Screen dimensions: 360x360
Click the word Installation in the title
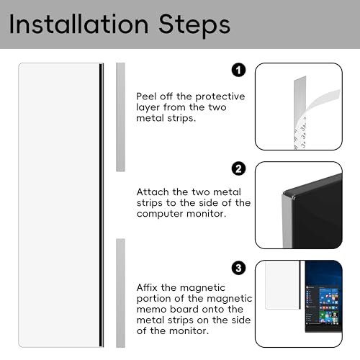tap(78, 24)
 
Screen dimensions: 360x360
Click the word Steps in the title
tap(194, 26)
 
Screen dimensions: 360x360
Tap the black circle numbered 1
tap(238, 70)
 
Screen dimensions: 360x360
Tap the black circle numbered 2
tap(238, 168)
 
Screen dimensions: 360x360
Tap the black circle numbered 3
tap(238, 268)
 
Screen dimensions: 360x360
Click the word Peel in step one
tap(146, 96)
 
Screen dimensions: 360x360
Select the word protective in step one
tap(220, 97)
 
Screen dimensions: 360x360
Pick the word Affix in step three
tap(147, 287)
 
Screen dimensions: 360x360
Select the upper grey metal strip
tap(121, 117)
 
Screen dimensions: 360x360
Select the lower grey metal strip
tap(121, 293)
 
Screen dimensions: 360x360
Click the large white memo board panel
tap(59, 205)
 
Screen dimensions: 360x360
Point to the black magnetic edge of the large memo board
tap(102, 205)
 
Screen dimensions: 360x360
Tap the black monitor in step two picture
tap(315, 215)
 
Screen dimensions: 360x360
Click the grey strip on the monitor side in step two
tap(287, 222)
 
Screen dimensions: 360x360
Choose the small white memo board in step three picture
tap(282, 285)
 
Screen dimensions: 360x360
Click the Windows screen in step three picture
tap(323, 297)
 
